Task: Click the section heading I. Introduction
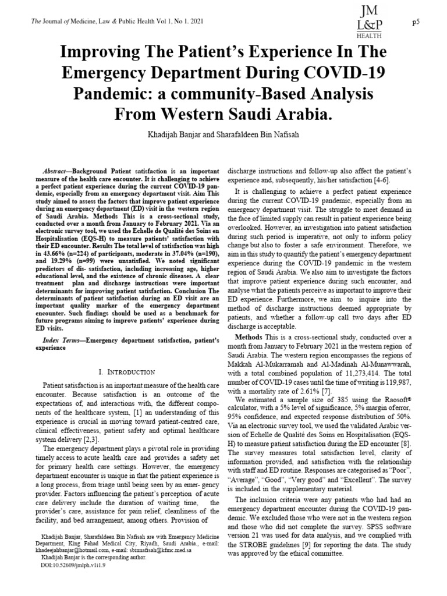point(126,371)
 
